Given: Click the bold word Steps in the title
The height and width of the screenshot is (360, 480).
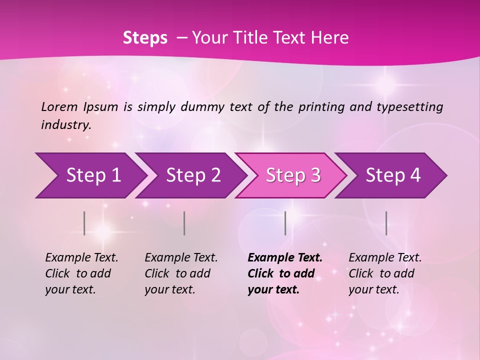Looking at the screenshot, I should click(x=145, y=37).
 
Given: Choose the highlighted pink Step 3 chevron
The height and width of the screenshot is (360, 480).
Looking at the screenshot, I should click(x=293, y=175).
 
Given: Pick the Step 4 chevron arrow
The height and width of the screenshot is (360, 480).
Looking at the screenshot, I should click(x=393, y=175).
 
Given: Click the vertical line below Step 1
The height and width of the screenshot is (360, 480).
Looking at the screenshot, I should click(x=84, y=223).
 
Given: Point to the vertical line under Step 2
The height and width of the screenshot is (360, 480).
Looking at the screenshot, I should click(x=184, y=223).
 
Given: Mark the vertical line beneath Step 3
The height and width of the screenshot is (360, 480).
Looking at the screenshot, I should click(x=285, y=223).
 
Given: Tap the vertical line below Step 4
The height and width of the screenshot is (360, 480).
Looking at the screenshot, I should click(x=386, y=223).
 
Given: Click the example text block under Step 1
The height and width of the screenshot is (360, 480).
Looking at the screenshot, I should click(x=81, y=273).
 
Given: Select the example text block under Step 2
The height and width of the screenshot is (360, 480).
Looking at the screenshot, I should click(x=181, y=273).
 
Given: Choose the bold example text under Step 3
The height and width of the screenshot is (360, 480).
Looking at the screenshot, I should click(x=285, y=273).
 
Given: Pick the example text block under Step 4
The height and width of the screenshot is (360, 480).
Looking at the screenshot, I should click(x=385, y=273).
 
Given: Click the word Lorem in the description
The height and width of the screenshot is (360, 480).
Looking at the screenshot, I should click(x=59, y=106).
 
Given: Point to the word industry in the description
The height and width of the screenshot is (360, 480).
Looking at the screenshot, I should click(x=66, y=124).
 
